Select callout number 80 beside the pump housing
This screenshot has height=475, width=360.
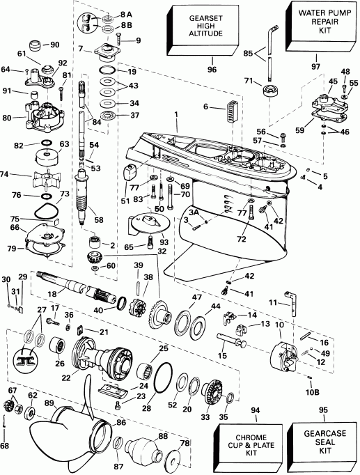8,118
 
